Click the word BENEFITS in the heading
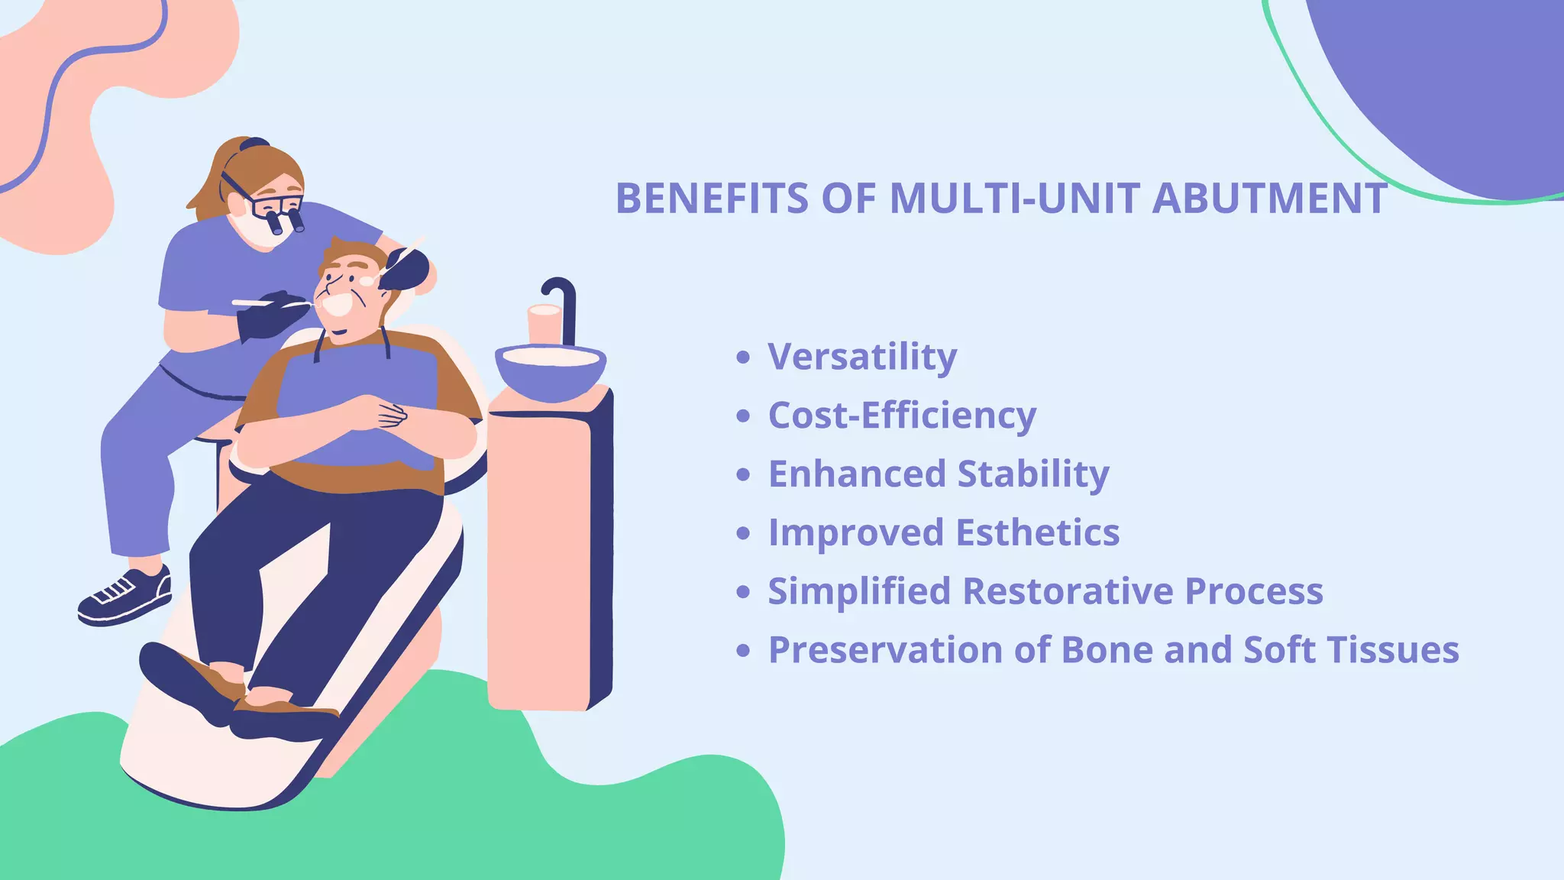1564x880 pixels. coord(712,199)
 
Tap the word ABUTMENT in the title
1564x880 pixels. coord(1269,199)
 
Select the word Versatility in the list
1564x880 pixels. coord(862,357)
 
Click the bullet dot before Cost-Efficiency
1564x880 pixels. coord(743,416)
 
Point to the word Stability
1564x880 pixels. coord(1033,474)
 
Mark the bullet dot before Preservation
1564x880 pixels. coord(743,651)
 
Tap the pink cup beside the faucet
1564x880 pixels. coord(544,325)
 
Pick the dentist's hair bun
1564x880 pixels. coord(254,144)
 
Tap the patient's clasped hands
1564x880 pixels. coord(383,412)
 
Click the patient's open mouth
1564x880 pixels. coord(337,304)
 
